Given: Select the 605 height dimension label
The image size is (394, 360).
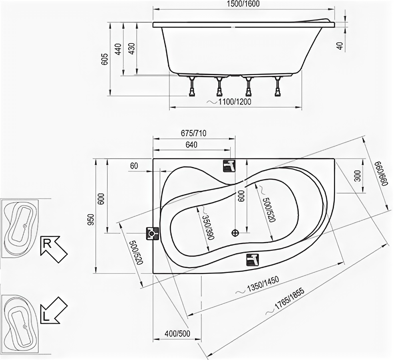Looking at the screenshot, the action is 105,59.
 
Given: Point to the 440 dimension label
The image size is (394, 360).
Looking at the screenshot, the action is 118,49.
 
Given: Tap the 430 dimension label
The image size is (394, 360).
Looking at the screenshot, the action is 131,49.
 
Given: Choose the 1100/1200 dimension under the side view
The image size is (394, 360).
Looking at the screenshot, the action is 235,102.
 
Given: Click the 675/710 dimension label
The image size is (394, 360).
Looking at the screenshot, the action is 194,133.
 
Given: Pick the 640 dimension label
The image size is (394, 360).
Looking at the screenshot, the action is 191,145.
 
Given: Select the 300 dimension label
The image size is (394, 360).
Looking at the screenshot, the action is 357,176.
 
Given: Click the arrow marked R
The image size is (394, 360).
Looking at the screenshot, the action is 53,249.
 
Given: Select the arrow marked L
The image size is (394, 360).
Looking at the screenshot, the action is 53,310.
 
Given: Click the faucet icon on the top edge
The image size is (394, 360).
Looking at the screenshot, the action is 229,165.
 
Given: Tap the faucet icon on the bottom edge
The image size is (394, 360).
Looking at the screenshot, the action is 252,259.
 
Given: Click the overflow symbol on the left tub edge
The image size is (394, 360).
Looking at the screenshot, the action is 152,233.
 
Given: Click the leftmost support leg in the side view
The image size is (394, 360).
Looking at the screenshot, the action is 192,86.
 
